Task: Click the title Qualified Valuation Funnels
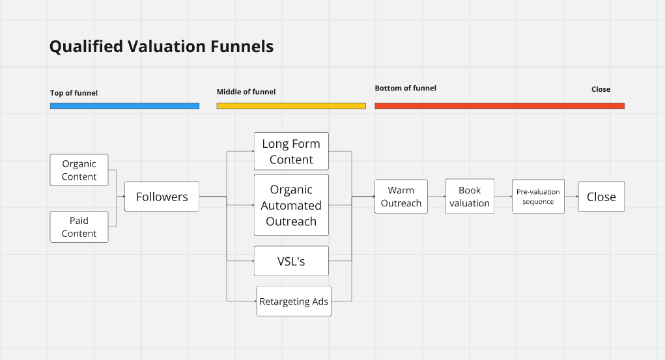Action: (162, 47)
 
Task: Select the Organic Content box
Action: (79, 170)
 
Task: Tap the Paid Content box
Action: (79, 227)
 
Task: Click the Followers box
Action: (162, 197)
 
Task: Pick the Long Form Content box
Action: (291, 152)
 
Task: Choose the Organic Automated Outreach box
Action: (291, 205)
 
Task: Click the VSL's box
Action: (291, 261)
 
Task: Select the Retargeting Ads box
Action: (294, 301)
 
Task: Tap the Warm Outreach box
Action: (401, 197)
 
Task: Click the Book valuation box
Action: (470, 197)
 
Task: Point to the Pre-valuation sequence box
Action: (538, 197)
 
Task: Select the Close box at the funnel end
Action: (601, 197)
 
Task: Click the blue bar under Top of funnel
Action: (124, 105)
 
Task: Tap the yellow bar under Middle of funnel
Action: (291, 105)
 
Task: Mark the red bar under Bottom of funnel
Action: (500, 105)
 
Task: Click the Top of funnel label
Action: (74, 93)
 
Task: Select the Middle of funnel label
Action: (246, 92)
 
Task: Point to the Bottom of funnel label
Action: (405, 88)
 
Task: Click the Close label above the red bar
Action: (601, 89)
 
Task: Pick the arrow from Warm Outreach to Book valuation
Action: (436, 197)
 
